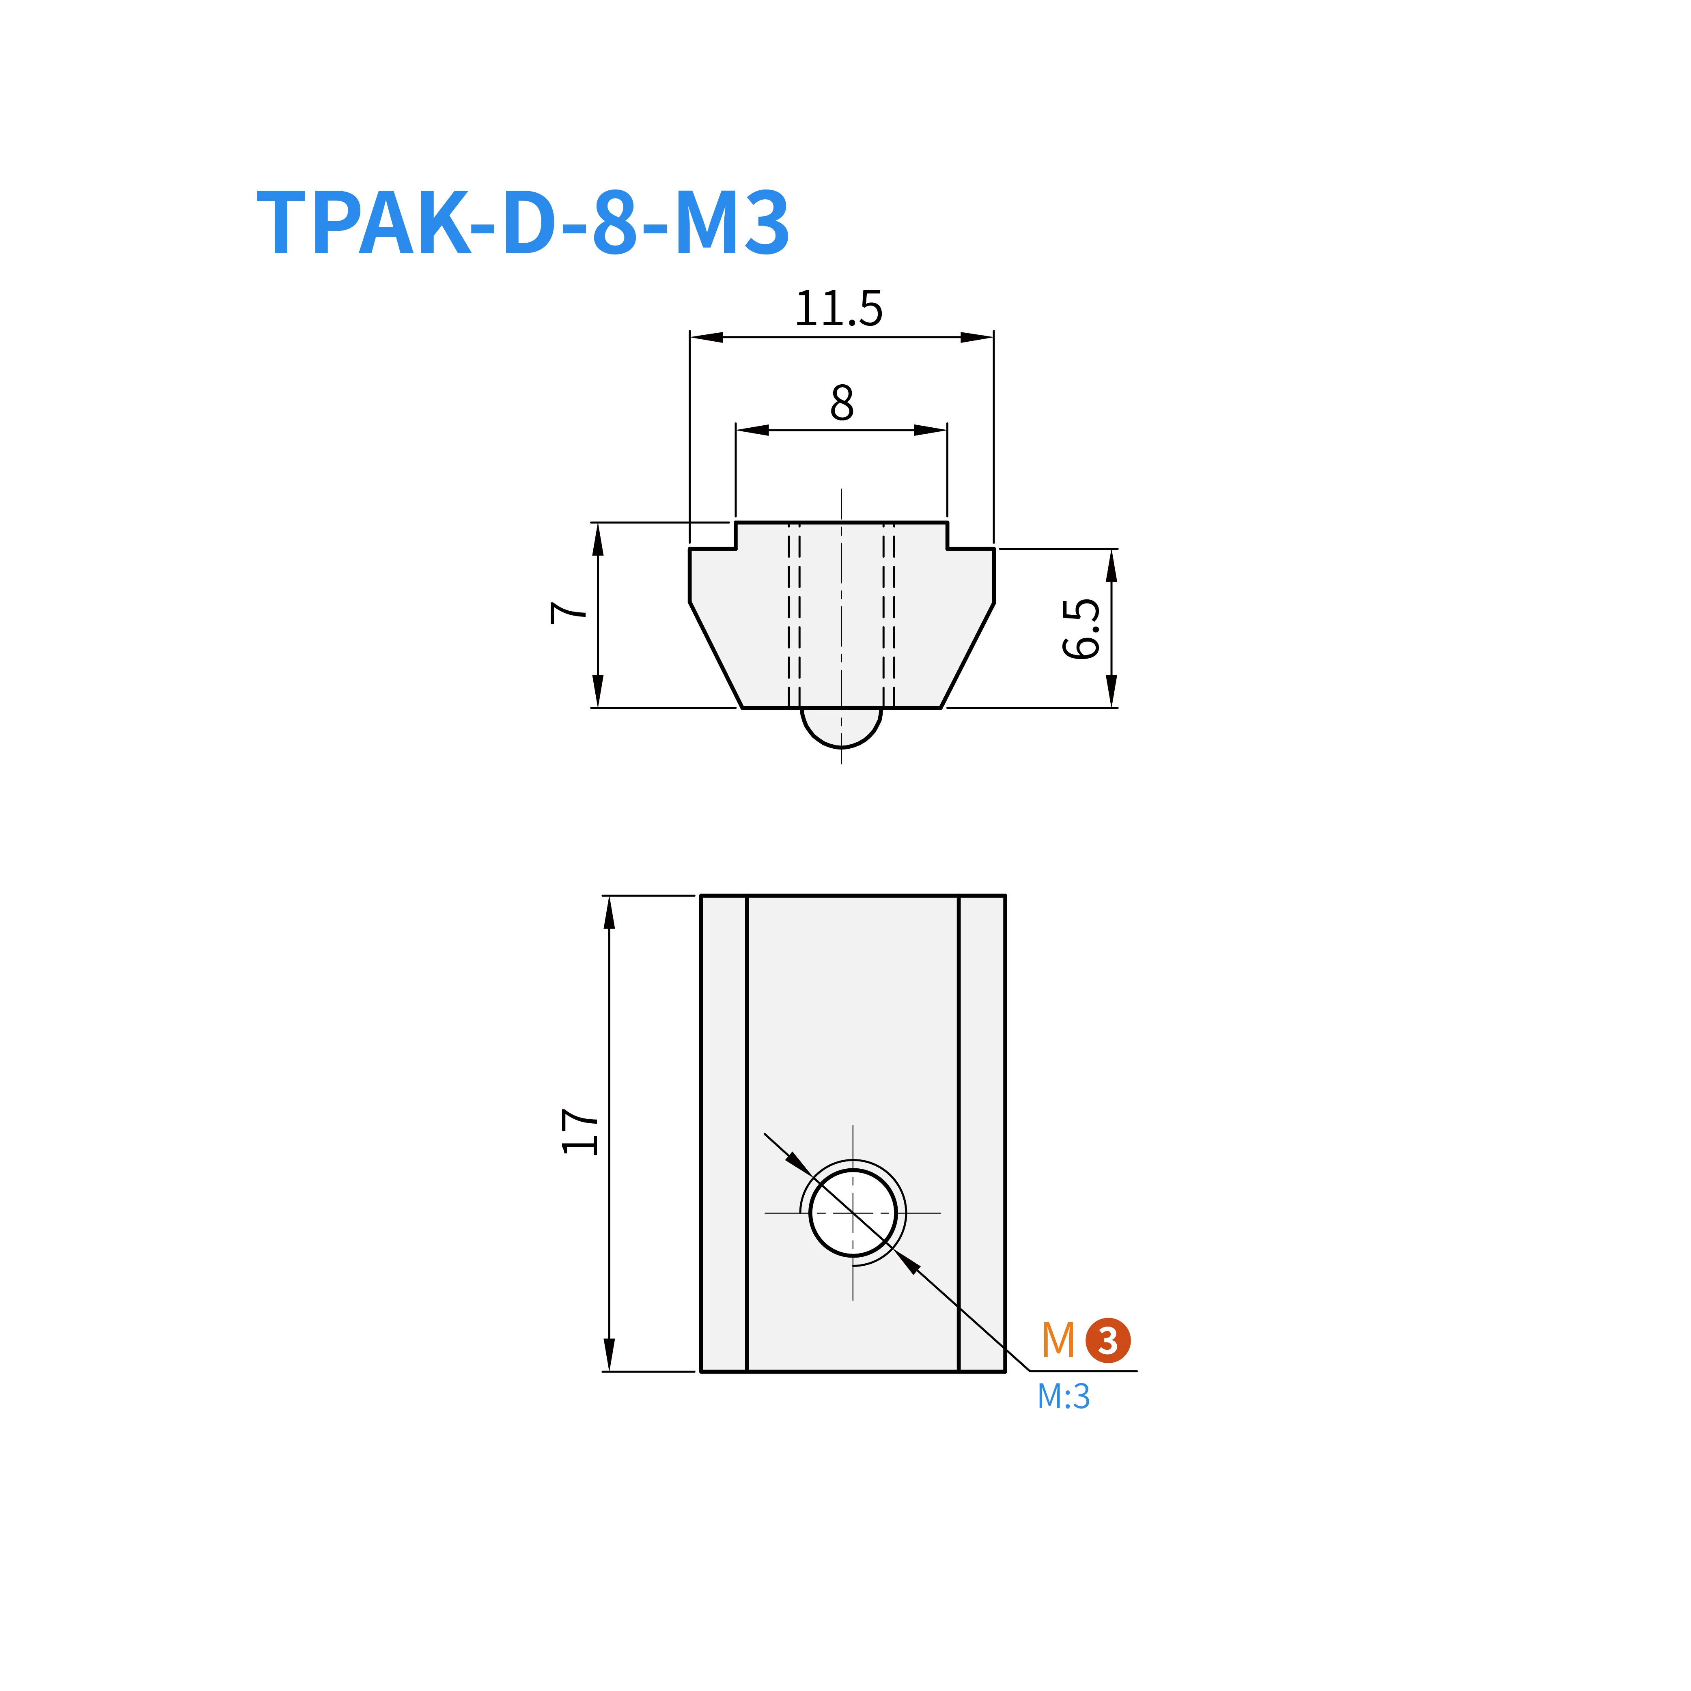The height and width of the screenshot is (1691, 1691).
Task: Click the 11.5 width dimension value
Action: point(838,309)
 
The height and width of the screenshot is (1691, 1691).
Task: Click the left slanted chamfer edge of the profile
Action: point(716,655)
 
